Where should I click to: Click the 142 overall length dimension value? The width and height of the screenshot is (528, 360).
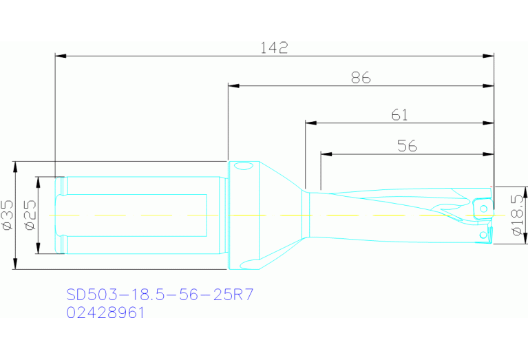(274, 47)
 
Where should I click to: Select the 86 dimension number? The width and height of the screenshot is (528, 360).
(361, 78)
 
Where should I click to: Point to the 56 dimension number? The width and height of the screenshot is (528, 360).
(407, 146)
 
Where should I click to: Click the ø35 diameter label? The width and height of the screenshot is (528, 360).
(8, 215)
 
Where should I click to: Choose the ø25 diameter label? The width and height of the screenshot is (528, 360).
(30, 215)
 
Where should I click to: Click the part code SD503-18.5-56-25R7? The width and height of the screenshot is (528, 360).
(160, 295)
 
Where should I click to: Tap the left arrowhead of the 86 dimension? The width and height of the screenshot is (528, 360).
(233, 86)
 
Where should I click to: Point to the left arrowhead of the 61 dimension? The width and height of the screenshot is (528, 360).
(310, 123)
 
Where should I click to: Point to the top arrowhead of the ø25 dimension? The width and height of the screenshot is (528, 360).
(39, 180)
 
